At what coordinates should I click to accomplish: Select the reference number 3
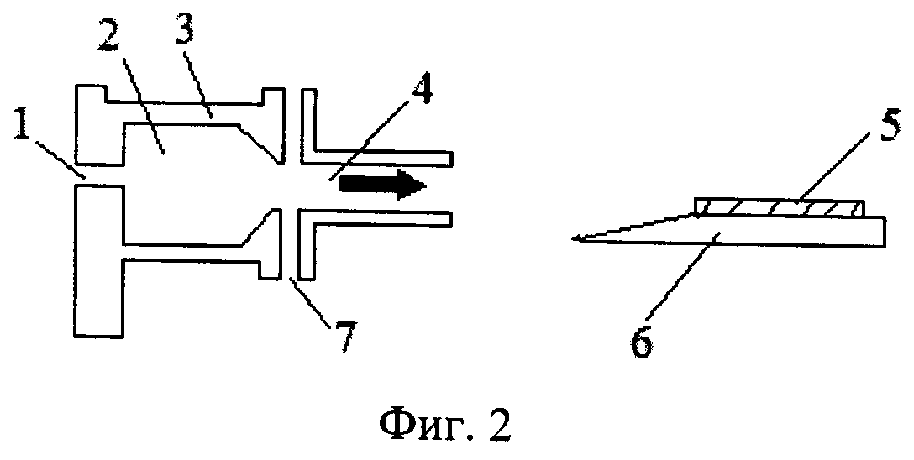point(186,36)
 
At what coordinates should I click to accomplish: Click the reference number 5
point(890,126)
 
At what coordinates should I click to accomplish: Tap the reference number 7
point(344,335)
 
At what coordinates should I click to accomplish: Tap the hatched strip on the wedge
point(780,208)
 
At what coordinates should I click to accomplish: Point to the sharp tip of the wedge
point(573,238)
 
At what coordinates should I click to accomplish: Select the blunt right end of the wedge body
point(886,232)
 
